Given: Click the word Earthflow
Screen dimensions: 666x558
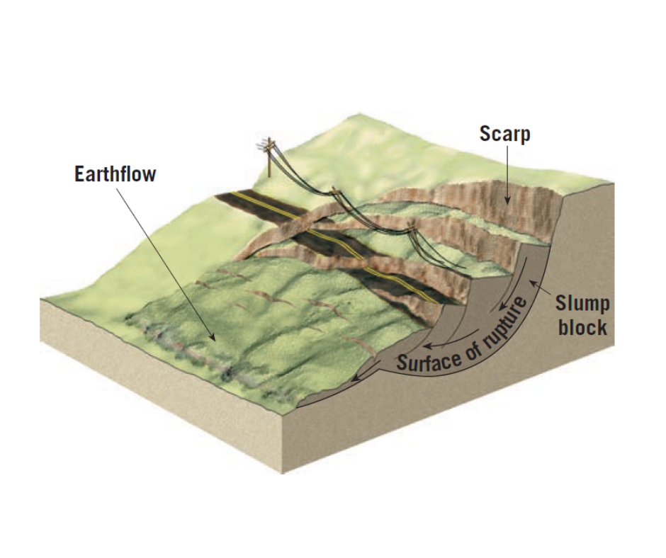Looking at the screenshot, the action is pyautogui.click(x=115, y=174).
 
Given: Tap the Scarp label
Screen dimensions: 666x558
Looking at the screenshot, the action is pyautogui.click(x=505, y=134).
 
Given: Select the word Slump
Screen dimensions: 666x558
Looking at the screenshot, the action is pyautogui.click(x=582, y=304).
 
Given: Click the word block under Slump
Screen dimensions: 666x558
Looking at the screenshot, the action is pyautogui.click(x=582, y=328).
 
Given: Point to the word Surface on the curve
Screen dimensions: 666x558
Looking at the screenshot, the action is pyautogui.click(x=429, y=360).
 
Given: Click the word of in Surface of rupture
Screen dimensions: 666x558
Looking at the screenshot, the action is pyautogui.click(x=475, y=346).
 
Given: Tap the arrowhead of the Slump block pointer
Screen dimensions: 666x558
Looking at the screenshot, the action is pyautogui.click(x=532, y=285).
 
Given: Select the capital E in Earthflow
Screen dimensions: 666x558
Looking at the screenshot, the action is pyautogui.click(x=79, y=174).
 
